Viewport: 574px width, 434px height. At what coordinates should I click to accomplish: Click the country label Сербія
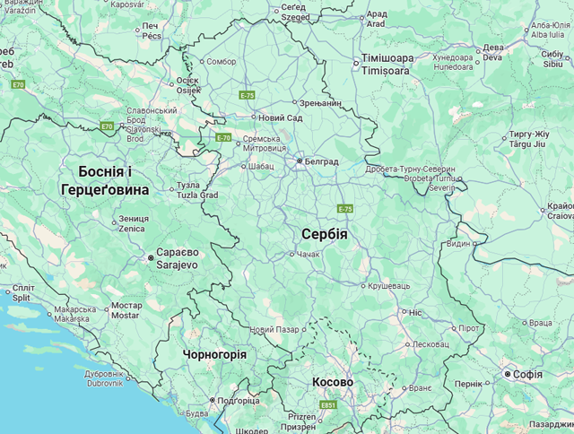324,234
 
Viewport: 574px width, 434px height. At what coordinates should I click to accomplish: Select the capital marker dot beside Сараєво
151,258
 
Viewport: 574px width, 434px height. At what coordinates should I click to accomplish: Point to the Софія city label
528,374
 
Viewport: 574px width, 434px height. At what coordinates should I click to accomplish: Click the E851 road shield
329,405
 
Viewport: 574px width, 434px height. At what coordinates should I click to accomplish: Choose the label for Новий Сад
280,117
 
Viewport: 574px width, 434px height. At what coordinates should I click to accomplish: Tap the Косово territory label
333,382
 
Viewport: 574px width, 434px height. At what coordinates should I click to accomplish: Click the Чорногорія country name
214,354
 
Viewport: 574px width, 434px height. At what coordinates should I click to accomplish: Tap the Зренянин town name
320,103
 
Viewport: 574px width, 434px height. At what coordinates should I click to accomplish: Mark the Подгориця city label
238,401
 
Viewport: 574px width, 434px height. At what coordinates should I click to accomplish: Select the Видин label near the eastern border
457,243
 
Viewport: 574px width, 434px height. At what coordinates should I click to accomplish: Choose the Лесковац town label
430,343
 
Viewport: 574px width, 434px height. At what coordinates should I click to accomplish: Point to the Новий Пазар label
274,330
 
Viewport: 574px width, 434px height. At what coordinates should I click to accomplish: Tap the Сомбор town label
221,62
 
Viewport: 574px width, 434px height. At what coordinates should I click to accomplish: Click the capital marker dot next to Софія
507,374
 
